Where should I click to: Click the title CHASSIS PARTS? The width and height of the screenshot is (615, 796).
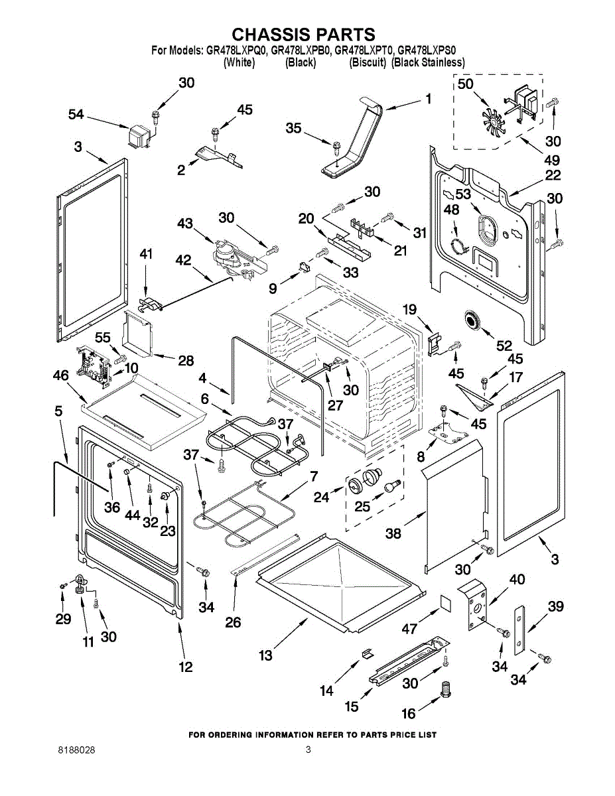(303, 34)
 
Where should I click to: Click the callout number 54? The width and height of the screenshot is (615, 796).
(76, 115)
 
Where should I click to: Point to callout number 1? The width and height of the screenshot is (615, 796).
(428, 99)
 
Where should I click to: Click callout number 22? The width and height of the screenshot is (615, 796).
(553, 175)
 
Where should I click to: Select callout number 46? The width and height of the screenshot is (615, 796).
(60, 376)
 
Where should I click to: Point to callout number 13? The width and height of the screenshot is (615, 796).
(265, 655)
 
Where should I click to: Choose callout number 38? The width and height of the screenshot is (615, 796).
(393, 533)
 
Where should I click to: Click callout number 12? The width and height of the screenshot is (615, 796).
(186, 667)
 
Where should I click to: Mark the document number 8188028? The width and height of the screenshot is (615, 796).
(76, 750)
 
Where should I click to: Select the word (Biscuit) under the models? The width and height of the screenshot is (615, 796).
(368, 62)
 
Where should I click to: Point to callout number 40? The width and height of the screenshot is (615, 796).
(516, 580)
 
